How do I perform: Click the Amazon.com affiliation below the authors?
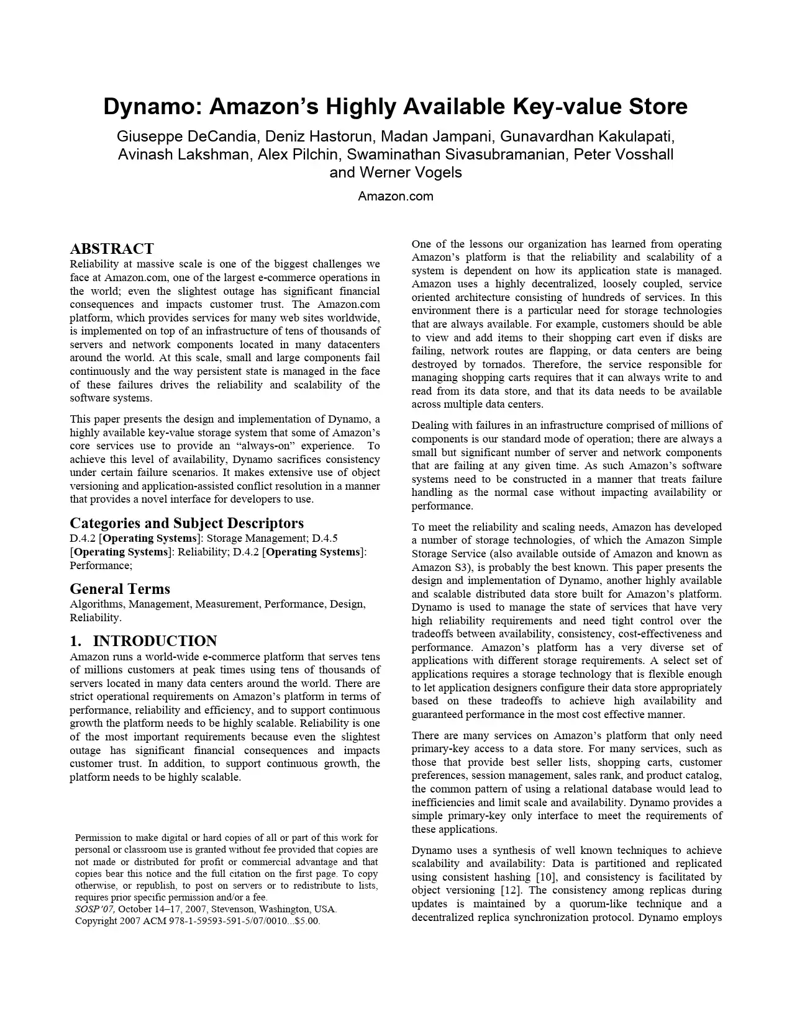pos(396,197)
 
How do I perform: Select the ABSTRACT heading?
pos(112,249)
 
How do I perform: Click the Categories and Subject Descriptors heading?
pos(186,523)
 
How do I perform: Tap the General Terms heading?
pos(120,589)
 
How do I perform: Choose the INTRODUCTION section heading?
pos(155,641)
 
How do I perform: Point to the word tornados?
pos(498,364)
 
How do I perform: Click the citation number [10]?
pos(547,877)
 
